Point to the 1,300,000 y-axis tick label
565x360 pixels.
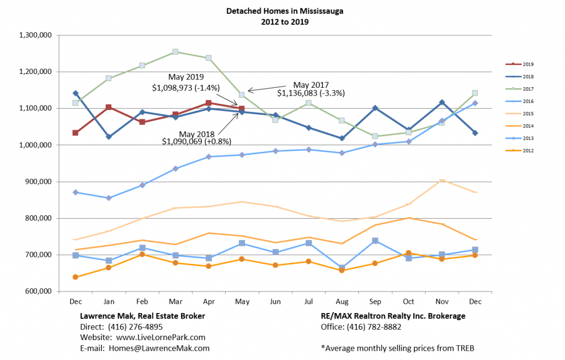pos(35,35)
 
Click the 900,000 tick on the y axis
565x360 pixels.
pos(38,182)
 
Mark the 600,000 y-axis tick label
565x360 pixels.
pos(38,292)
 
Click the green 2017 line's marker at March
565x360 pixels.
pos(175,52)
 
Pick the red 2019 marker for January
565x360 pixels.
pos(109,107)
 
